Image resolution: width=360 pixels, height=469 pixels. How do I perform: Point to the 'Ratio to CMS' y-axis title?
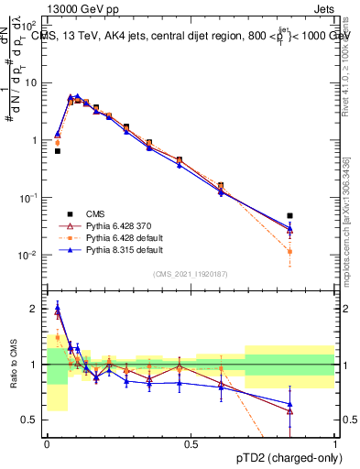pos(12,365)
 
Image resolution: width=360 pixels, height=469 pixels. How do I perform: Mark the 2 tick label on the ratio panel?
pos(35,309)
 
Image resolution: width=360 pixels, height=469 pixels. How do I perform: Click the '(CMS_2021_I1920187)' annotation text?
pos(190,274)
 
